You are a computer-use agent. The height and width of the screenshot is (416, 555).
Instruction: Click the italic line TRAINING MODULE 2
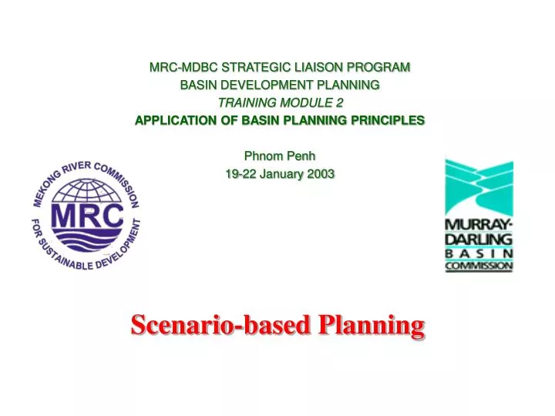pos(280,102)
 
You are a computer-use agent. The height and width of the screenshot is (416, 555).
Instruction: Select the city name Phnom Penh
pos(279,156)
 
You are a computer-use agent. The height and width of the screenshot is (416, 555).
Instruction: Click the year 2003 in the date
pos(321,174)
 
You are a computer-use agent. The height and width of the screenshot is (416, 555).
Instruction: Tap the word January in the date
pos(283,174)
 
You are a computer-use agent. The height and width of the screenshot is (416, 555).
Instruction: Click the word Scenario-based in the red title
pos(217,326)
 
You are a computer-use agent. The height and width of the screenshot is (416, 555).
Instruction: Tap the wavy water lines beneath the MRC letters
pos(86,236)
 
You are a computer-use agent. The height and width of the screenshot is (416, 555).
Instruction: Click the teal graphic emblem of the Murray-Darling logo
pos(478,188)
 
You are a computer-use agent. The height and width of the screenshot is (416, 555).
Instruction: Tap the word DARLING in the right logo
pos(478,238)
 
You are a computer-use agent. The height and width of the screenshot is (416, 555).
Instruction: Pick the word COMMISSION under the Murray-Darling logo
pos(478,266)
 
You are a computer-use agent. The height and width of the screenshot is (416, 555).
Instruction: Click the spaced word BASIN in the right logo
pos(478,253)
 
